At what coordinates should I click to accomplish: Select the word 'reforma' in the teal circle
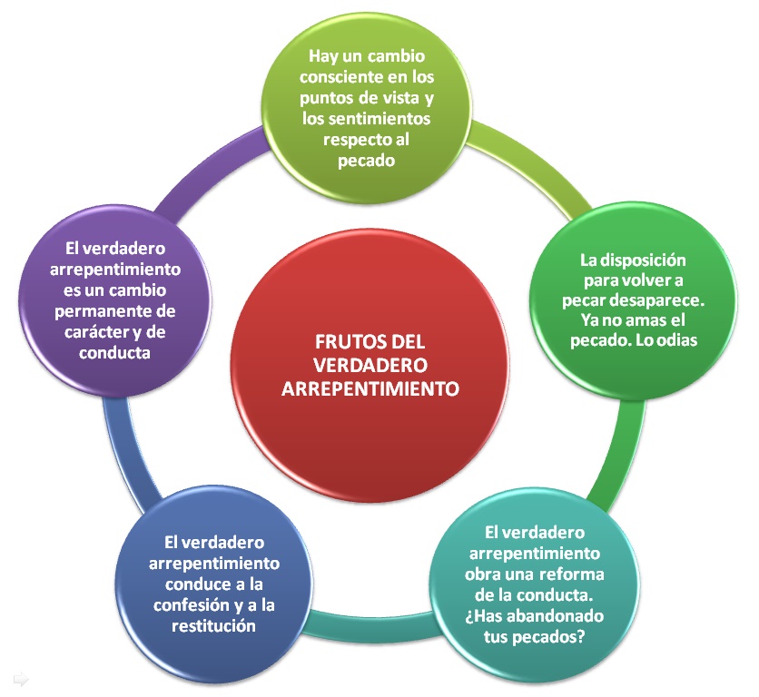[570, 574]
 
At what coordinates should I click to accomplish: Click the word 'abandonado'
[544, 615]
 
